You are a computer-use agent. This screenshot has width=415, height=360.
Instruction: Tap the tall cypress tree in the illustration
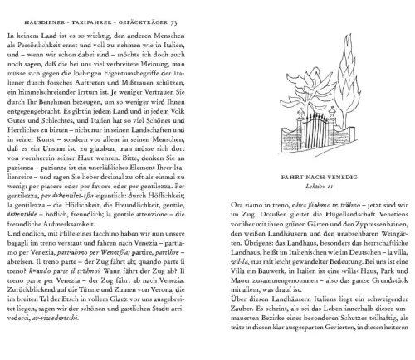(355, 75)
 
